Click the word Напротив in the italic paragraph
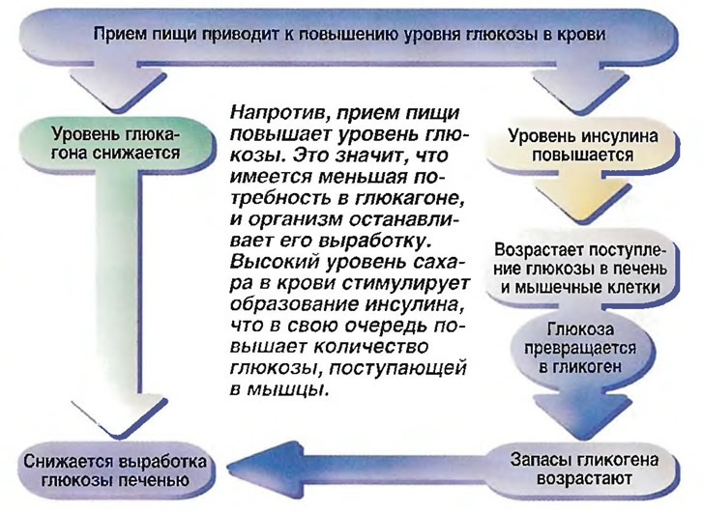[x=277, y=112]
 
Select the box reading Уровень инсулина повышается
[x=582, y=145]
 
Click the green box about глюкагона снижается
[x=115, y=143]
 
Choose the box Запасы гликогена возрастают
[x=583, y=470]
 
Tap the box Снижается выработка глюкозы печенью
[x=115, y=470]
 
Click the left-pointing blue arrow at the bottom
[x=359, y=470]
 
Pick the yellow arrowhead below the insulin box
[x=582, y=197]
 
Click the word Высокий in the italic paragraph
[x=274, y=262]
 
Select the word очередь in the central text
[x=386, y=326]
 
